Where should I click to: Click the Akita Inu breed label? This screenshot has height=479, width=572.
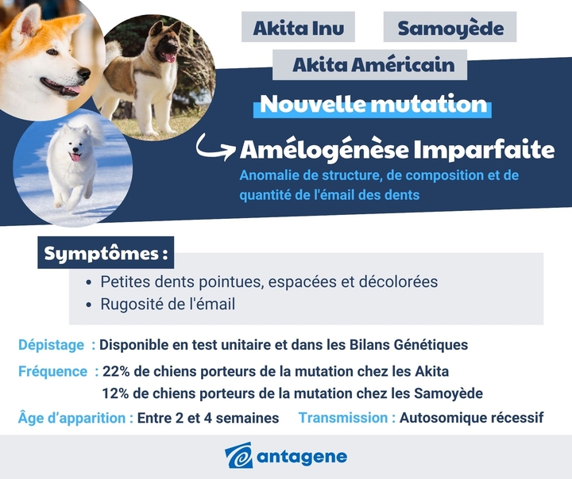coord(298,28)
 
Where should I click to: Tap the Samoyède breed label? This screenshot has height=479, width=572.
coord(450,28)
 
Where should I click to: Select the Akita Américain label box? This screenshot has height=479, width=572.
coord(373,64)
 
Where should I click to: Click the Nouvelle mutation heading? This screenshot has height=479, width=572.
coord(373,104)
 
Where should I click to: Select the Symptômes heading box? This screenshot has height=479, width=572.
coord(106,254)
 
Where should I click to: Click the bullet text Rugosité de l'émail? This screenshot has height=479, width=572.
coord(168,304)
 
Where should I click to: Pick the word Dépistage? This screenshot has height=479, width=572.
coord(51,345)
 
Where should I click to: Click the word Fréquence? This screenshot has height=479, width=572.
coord(53,371)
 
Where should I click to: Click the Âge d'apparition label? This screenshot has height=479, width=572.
coord(75,418)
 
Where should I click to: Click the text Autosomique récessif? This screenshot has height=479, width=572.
coord(472,418)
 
